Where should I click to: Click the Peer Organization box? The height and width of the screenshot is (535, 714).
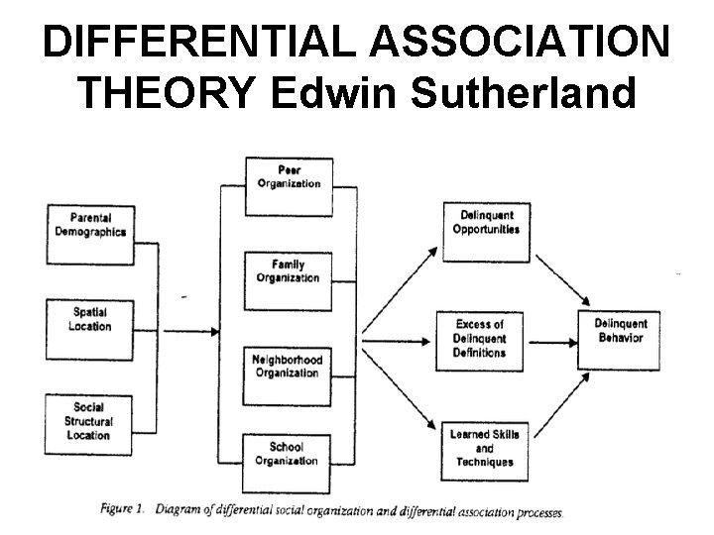point(290,176)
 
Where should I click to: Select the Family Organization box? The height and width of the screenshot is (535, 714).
point(290,271)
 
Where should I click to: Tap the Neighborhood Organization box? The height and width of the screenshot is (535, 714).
point(290,366)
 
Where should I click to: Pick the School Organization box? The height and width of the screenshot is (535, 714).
point(290,454)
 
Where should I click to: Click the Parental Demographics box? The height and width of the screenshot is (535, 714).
point(90,225)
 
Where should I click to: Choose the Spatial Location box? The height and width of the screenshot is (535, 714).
point(90,319)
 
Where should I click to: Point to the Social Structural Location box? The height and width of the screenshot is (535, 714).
point(90,420)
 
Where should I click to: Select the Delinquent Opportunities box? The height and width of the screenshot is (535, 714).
point(486,222)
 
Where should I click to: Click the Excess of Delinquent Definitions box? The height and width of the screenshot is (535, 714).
point(480,339)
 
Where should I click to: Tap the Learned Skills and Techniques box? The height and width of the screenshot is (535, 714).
point(483,448)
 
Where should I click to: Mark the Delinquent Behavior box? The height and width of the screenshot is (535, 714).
point(620,331)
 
